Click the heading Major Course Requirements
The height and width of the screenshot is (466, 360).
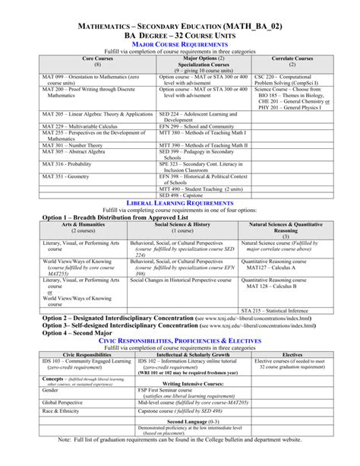click(x=180, y=45)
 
